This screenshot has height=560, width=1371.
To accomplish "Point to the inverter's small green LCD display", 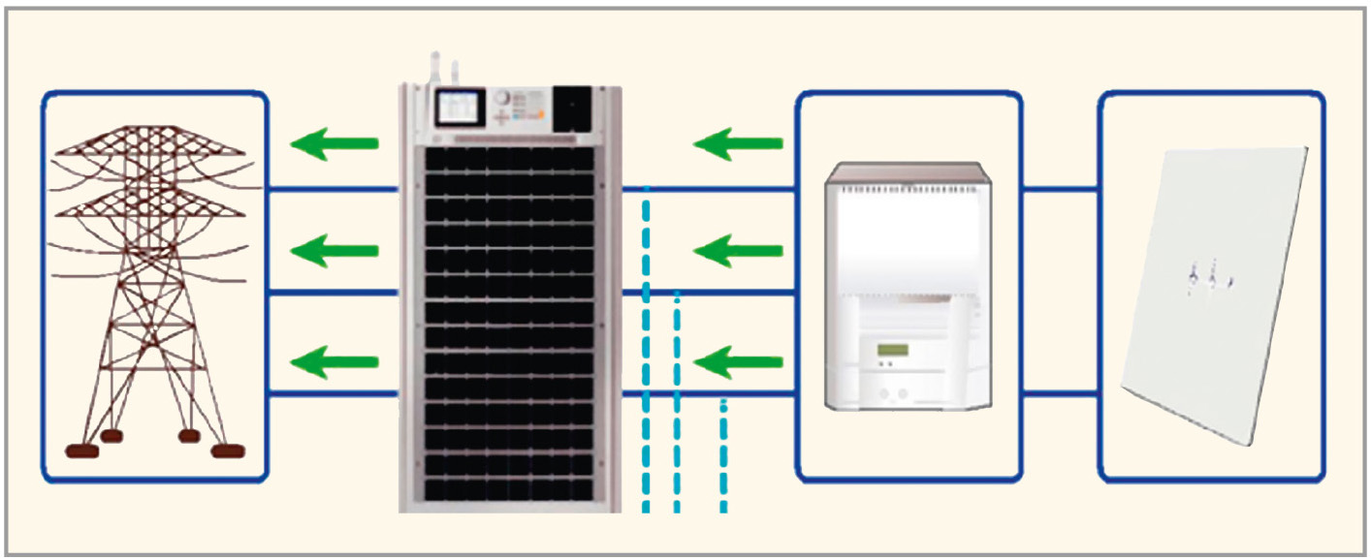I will coord(891,349).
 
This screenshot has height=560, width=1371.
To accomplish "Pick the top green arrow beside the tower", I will coord(335,144).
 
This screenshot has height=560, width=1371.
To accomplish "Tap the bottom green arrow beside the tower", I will coord(335,363).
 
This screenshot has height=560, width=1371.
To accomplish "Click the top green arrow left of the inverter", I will coord(739,144).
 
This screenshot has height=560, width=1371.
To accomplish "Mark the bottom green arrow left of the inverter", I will coord(739,364).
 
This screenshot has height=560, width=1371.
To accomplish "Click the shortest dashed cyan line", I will coord(723,455).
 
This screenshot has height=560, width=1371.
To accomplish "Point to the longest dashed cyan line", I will coord(646,349).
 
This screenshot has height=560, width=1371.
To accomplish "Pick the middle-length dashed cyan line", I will coord(677,402).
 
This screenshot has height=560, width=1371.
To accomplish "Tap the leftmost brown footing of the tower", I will coord(81,451).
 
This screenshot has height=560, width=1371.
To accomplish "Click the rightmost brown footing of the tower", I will coord(229,451).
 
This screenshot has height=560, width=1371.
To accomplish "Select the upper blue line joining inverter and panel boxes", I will coord(1060,190).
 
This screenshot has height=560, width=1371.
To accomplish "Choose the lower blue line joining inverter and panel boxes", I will coord(1060,393).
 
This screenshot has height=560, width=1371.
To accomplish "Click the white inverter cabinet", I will coord(908,291).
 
